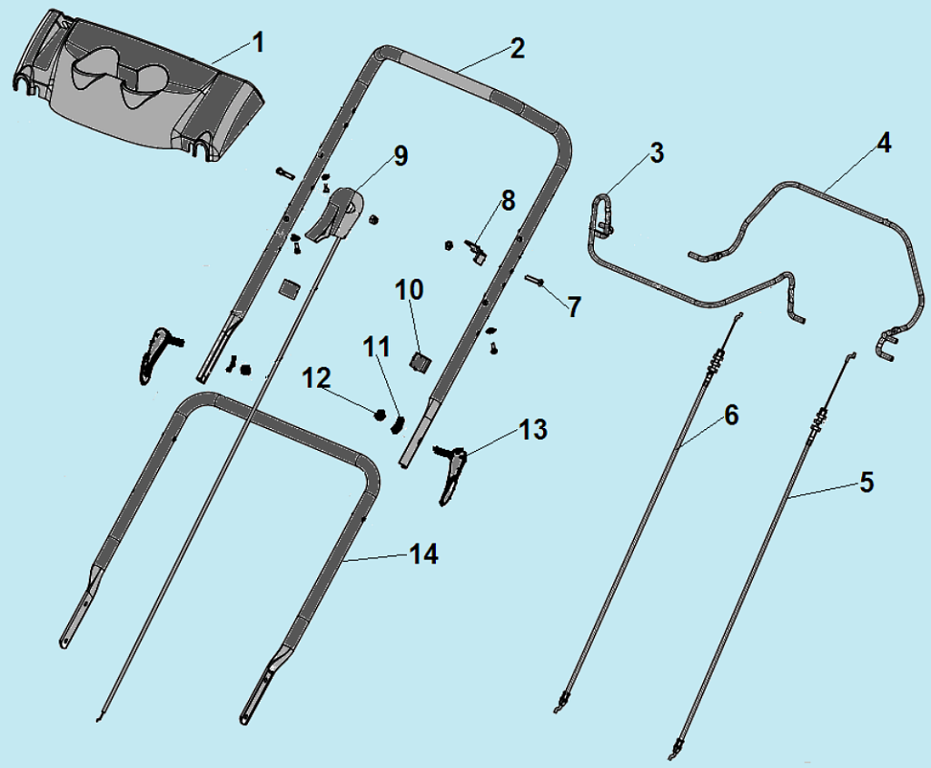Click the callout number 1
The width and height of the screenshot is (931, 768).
(257, 44)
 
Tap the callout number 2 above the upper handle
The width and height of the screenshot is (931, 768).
(517, 48)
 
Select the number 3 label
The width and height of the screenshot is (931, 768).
(656, 153)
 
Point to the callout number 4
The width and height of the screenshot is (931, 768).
(884, 143)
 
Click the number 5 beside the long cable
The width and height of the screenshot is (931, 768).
(867, 483)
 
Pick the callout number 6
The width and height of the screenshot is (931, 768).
(730, 415)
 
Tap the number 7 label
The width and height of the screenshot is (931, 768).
(573, 307)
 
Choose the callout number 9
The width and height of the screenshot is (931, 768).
(401, 156)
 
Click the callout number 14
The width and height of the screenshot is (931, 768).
(423, 554)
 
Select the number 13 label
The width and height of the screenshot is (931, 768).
(532, 429)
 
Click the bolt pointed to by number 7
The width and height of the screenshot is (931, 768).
(534, 280)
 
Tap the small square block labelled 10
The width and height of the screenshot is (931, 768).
(421, 361)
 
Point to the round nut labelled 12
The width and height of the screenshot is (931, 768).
(379, 414)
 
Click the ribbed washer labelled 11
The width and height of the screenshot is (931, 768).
(398, 423)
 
